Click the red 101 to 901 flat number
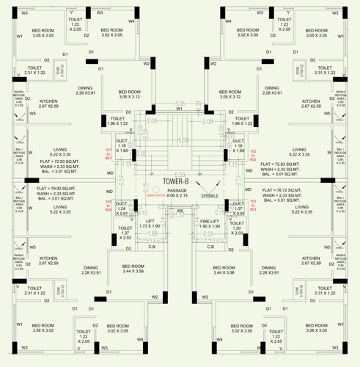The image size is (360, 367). pos(109,154)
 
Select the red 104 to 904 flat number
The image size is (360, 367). pos(109,206)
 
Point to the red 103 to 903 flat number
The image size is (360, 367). pos(254,206)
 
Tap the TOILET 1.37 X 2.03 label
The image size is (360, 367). pos(125,233)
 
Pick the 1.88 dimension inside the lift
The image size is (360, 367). pos(153,235)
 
